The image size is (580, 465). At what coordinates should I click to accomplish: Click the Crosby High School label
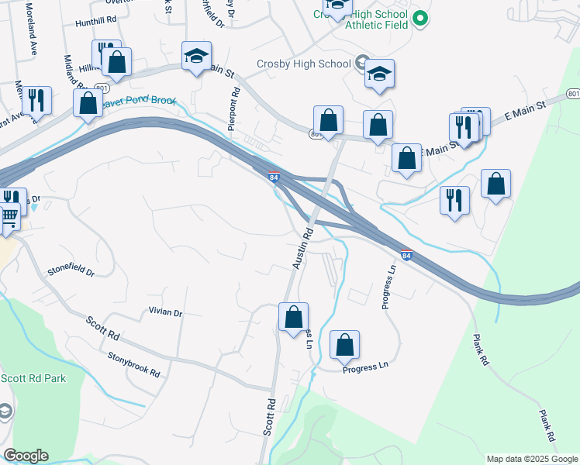[x=303, y=64]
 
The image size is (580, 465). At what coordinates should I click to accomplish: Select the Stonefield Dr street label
[x=71, y=272]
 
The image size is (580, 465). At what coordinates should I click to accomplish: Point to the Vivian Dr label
[x=164, y=312]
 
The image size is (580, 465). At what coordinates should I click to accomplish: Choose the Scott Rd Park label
[x=33, y=378]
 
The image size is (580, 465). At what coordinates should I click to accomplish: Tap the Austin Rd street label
[x=302, y=249]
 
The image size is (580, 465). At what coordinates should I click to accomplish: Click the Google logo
[x=26, y=456]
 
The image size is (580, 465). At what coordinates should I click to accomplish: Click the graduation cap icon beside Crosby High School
[x=379, y=74]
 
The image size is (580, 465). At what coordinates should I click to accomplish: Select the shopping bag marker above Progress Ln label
[x=344, y=346]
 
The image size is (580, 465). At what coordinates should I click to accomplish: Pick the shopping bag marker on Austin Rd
[x=293, y=317]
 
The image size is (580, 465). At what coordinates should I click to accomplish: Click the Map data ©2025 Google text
[x=532, y=459]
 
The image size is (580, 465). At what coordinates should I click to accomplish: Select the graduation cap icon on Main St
[x=196, y=56]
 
